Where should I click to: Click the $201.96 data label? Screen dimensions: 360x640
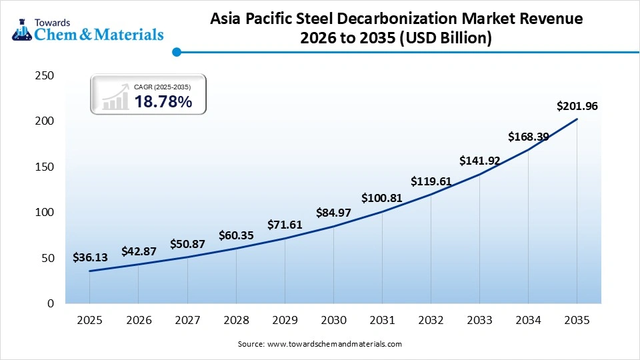click(x=577, y=106)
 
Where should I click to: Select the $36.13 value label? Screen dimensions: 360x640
click(x=90, y=258)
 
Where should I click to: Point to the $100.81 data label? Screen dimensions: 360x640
click(x=383, y=198)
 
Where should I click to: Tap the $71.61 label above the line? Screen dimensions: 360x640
click(x=285, y=225)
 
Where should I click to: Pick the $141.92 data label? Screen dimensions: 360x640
click(x=480, y=161)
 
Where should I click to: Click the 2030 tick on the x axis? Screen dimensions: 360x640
click(x=333, y=320)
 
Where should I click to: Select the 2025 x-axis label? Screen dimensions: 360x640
click(x=90, y=320)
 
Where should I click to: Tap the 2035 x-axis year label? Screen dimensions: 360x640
click(x=577, y=320)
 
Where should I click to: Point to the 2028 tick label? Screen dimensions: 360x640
click(x=236, y=320)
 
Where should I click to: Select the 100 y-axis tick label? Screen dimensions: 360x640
click(x=44, y=213)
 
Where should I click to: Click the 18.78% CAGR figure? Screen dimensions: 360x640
click(x=163, y=101)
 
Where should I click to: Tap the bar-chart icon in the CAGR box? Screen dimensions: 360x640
click(x=115, y=97)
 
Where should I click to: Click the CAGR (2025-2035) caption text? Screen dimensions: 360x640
click(x=162, y=87)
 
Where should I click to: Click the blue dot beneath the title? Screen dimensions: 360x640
click(x=176, y=51)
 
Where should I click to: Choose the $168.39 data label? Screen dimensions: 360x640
click(x=529, y=137)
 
